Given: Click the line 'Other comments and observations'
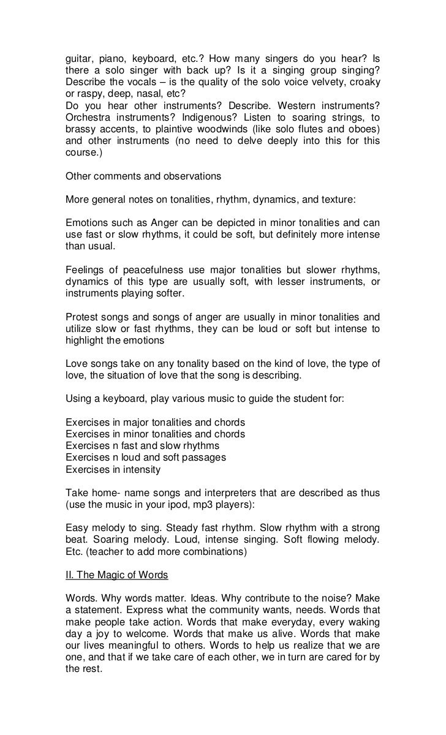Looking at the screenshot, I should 143,176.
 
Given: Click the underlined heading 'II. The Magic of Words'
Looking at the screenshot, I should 116,575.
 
